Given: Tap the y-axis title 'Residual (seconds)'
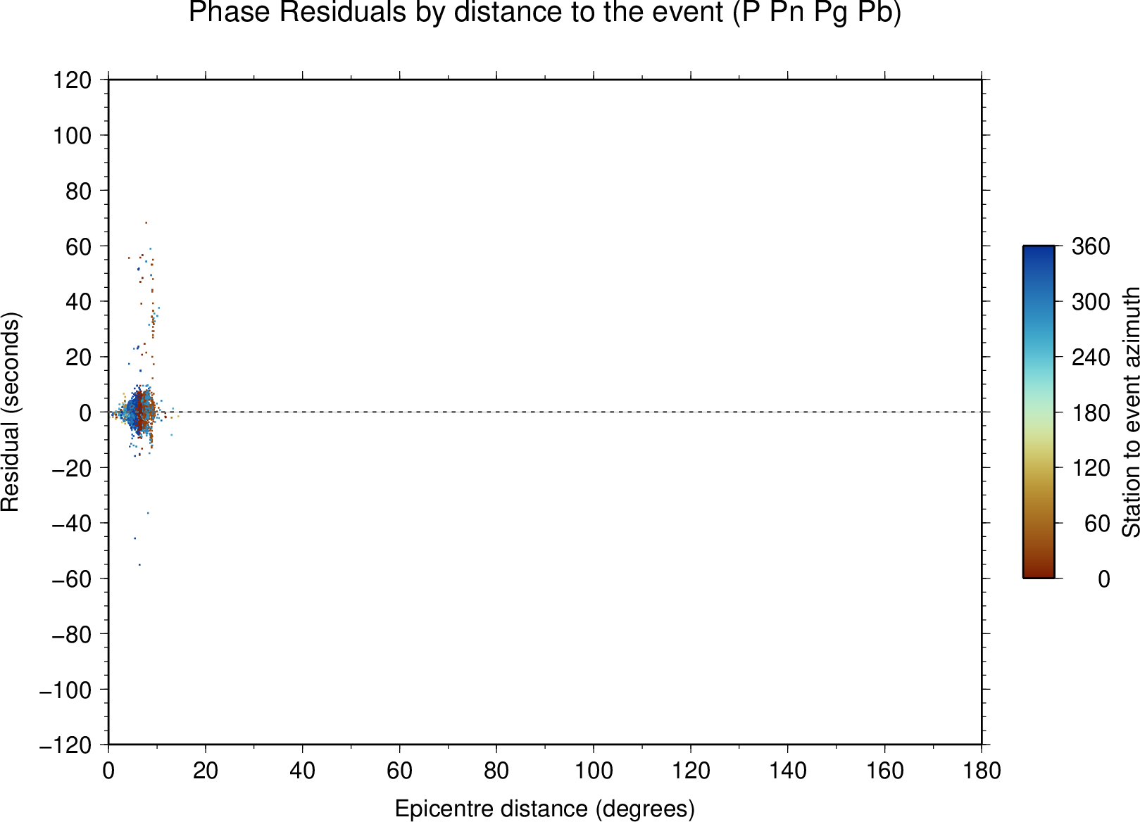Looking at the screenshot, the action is click(x=10, y=412).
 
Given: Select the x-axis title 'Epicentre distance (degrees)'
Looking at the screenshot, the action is click(x=544, y=809).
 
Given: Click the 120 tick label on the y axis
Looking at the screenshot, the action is click(x=73, y=80).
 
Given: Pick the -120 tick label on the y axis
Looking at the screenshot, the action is click(x=65, y=745).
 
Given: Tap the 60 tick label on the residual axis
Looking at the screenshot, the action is click(x=78, y=247).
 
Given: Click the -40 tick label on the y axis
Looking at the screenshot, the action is click(x=72, y=524).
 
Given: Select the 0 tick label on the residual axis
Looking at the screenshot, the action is click(x=85, y=413).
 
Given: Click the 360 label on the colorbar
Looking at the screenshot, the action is click(x=1091, y=247).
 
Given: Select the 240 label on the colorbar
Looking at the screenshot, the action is click(x=1091, y=358).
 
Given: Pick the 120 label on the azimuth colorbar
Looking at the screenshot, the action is click(x=1091, y=468).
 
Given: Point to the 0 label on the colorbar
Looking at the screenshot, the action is click(x=1104, y=579).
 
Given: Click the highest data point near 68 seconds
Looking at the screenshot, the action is click(x=146, y=223).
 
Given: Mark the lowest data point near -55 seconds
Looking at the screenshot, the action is click(x=139, y=564).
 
